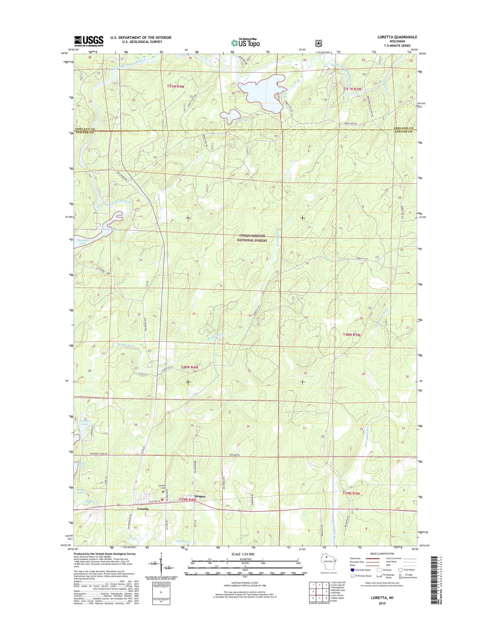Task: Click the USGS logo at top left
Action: click(x=89, y=41)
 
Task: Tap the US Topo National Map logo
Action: click(x=245, y=42)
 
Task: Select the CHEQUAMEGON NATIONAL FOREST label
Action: click(x=252, y=238)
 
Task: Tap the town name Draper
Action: click(x=200, y=497)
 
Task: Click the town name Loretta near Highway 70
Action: click(x=142, y=509)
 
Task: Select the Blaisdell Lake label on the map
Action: click(x=81, y=241)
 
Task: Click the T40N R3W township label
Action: click(x=351, y=335)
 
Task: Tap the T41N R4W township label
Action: click(x=175, y=86)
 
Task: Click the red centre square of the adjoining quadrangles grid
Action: click(x=319, y=592)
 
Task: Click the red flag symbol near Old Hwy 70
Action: click(x=162, y=500)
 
